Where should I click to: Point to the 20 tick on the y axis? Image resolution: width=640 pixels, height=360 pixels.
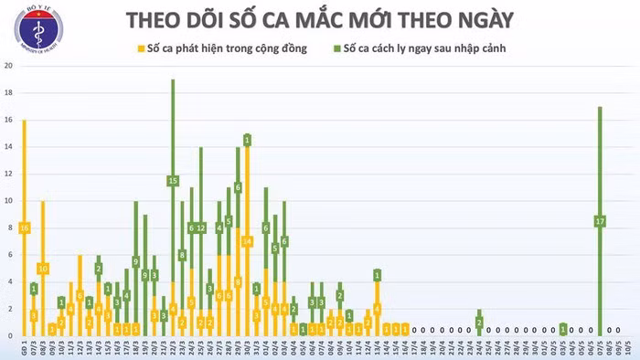[x=8, y=67]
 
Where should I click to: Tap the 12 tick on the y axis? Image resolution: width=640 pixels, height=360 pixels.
[x=8, y=174]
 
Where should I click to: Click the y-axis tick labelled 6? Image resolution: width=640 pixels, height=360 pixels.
[x=8, y=255]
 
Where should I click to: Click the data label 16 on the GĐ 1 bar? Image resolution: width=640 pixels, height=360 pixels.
[x=24, y=228]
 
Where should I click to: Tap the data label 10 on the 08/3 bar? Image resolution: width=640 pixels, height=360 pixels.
[x=42, y=269]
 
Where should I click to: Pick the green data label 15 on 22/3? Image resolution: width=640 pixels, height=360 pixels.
[x=173, y=181]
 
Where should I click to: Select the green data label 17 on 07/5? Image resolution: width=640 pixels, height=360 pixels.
[x=600, y=221]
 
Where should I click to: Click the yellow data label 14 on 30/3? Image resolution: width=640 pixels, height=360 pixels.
[x=247, y=241]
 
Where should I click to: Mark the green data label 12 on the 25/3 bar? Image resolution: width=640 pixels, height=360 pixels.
[x=201, y=228]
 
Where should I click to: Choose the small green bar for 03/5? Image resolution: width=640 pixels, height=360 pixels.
[x=563, y=329]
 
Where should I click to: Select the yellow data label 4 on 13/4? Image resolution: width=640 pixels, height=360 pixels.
[x=377, y=309]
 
